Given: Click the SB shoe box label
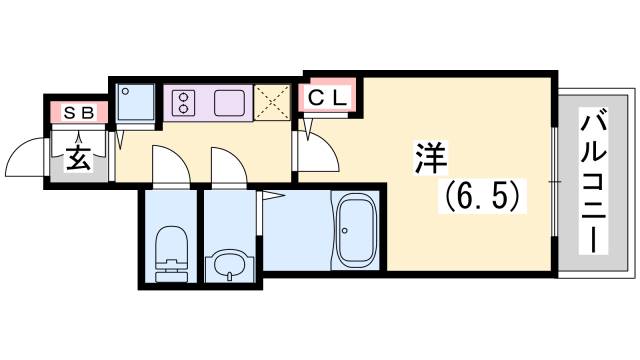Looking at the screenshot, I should (x=77, y=113).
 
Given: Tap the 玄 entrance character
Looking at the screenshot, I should (x=79, y=157).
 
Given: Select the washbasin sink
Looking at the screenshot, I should (x=231, y=265).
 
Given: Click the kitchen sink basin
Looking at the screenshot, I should (x=229, y=102).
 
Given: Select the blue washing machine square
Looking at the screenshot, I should (x=135, y=103).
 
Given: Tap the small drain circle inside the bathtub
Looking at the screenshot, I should (x=344, y=230).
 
